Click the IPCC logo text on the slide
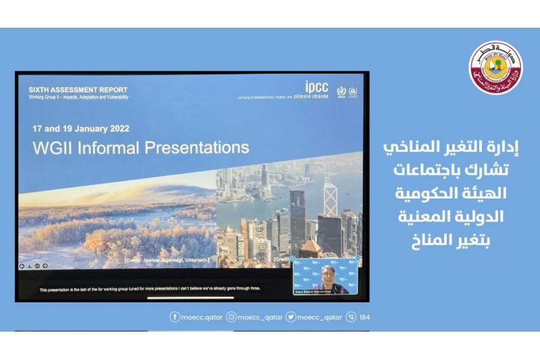[317, 88]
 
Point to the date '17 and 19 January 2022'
[81, 128]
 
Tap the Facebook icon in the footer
[175, 317]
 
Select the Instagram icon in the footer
[231, 317]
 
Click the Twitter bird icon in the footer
[290, 317]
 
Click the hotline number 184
[364, 317]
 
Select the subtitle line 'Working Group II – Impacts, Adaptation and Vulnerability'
[78, 97]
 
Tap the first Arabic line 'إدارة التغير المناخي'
[447, 148]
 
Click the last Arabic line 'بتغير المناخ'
[447, 238]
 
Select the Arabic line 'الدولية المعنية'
[447, 216]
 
